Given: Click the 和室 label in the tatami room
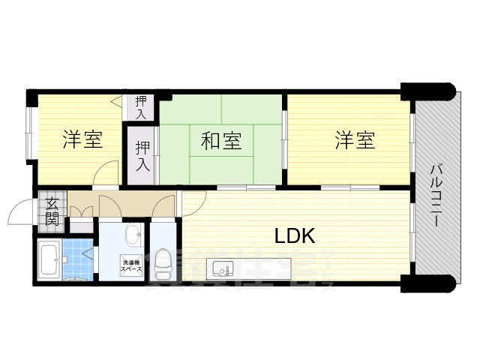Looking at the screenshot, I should coord(220,140).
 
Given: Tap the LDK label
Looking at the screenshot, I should coord(294,236).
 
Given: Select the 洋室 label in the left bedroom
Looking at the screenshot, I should coord(82,139).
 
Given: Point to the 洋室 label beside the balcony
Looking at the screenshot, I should coord(355,139).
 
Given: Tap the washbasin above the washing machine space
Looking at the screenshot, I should coord(132,235).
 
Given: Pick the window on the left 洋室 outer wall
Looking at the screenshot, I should coord(28,133).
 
